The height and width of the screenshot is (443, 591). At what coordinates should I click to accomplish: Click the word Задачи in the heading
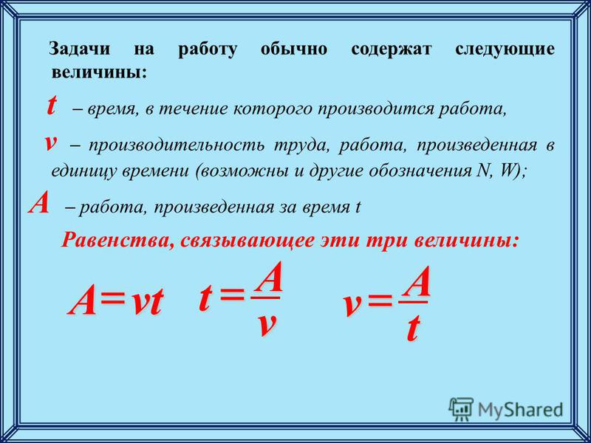click(x=80, y=49)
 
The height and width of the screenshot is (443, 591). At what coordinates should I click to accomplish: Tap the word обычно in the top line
click(x=293, y=49)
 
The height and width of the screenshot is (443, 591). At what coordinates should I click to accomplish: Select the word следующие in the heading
click(x=505, y=50)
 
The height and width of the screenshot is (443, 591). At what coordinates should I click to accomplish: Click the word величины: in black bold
click(x=99, y=72)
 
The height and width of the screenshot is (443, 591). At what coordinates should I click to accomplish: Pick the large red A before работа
click(x=39, y=205)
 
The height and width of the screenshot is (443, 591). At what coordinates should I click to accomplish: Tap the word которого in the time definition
click(x=272, y=109)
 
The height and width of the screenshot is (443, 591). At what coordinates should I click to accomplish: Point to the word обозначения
click(x=418, y=171)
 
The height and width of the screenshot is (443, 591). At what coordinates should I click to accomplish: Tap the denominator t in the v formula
click(x=412, y=329)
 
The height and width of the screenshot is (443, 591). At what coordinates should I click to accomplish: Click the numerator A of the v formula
click(x=414, y=282)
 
